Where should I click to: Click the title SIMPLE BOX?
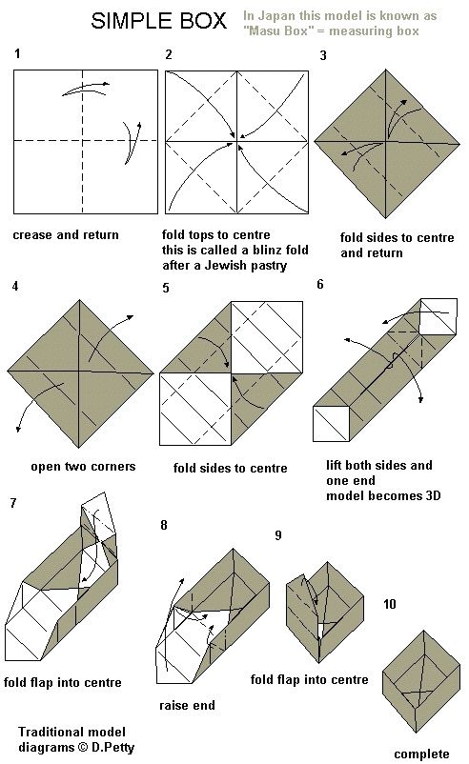click(158, 21)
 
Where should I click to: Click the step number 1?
click(17, 53)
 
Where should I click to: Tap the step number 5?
click(166, 288)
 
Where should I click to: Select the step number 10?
click(390, 604)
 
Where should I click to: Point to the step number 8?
click(164, 525)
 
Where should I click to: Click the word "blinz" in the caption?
click(268, 250)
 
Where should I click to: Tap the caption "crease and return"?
click(66, 235)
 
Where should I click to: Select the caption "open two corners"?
click(83, 467)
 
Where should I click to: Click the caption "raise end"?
click(187, 705)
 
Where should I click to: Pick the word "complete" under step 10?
click(421, 754)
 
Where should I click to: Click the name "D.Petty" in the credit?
click(112, 748)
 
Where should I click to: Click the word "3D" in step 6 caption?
click(434, 496)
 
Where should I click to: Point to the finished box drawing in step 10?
click(421, 682)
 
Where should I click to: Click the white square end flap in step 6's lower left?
click(332, 424)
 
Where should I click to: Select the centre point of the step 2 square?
click(237, 142)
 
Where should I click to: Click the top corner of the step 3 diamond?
click(386, 70)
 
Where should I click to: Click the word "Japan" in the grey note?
click(276, 16)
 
